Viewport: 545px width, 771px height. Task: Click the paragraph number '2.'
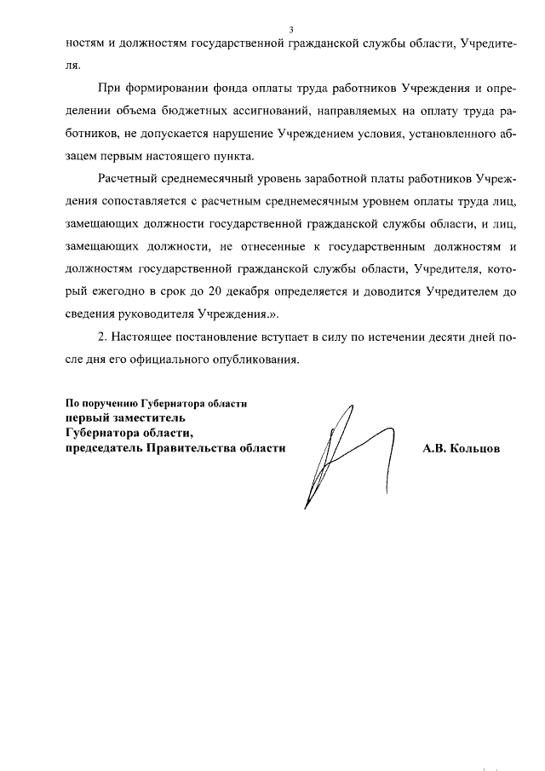click(x=106, y=337)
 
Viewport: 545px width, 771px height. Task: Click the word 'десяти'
click(x=422, y=337)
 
